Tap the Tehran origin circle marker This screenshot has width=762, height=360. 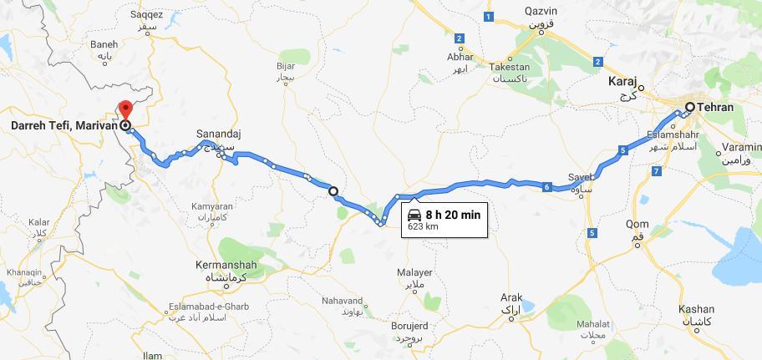point(689,107)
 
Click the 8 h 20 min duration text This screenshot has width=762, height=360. point(453,215)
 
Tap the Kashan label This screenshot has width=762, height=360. point(696,308)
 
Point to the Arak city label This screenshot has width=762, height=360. point(511,297)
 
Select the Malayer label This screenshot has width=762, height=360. point(414,272)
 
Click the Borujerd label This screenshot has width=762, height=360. point(408,326)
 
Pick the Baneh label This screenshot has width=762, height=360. point(103,44)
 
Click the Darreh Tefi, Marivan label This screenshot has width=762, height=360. point(62,126)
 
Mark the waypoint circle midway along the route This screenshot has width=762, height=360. point(333,191)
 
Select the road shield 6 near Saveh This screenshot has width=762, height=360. point(546,187)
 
